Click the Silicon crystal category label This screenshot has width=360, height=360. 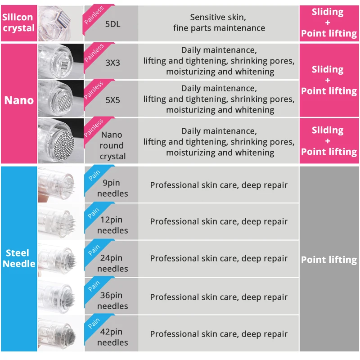(18, 22)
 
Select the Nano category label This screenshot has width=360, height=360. (19, 100)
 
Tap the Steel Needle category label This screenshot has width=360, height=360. (18, 258)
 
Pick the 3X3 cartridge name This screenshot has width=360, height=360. (112, 63)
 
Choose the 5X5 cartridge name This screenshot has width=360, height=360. (112, 100)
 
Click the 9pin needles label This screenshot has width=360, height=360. (112, 188)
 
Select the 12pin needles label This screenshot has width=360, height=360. (112, 225)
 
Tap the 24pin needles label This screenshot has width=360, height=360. (112, 263)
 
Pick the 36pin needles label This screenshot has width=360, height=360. (112, 301)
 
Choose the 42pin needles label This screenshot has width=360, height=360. (112, 337)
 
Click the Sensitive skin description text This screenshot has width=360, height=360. (219, 22)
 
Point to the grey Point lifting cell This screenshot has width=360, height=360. (329, 260)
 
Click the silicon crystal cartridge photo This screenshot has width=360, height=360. (60, 22)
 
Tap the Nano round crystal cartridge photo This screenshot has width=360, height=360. (61, 140)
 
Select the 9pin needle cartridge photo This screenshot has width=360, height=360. (60, 184)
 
